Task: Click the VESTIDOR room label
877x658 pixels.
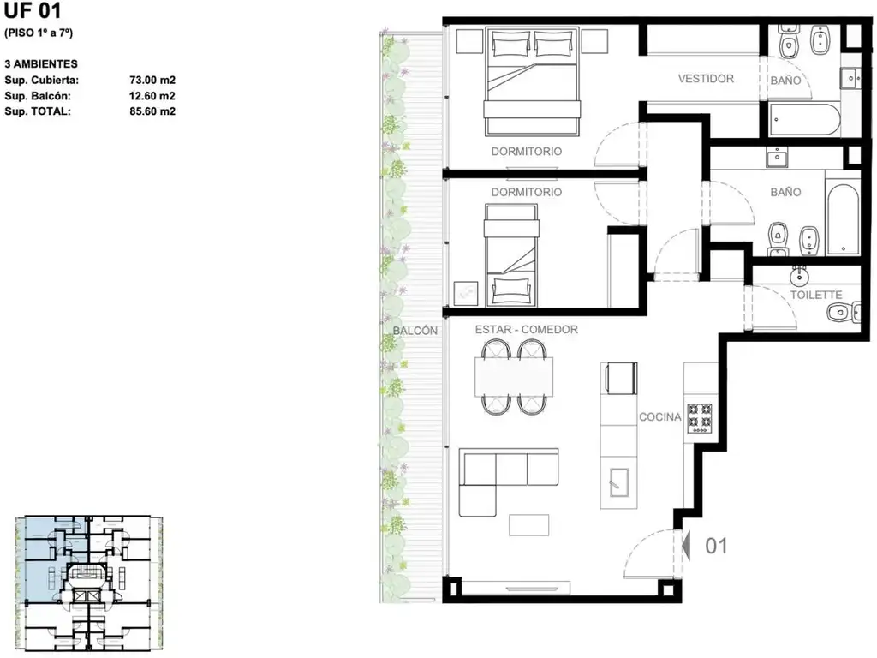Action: click(706, 78)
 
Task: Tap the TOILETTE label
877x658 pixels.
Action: click(815, 295)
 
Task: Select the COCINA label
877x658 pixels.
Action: click(660, 417)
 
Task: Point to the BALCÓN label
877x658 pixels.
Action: click(415, 331)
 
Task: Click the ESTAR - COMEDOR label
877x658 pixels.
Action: click(527, 330)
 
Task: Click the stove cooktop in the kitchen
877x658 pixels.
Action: click(699, 417)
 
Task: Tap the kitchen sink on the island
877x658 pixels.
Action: click(618, 482)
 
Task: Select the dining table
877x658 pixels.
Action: click(514, 377)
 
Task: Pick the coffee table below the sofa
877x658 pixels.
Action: click(529, 525)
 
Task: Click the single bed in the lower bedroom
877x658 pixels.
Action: click(511, 255)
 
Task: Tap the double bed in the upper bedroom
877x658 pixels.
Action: click(531, 81)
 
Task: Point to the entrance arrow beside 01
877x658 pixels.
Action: click(687, 546)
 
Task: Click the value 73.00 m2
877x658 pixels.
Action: click(152, 80)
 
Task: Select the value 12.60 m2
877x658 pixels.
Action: click(152, 96)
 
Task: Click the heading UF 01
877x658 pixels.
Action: click(33, 10)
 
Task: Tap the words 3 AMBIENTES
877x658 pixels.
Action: click(41, 63)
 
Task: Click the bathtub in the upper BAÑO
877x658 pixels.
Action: click(804, 118)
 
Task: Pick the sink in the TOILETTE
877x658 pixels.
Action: click(800, 275)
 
